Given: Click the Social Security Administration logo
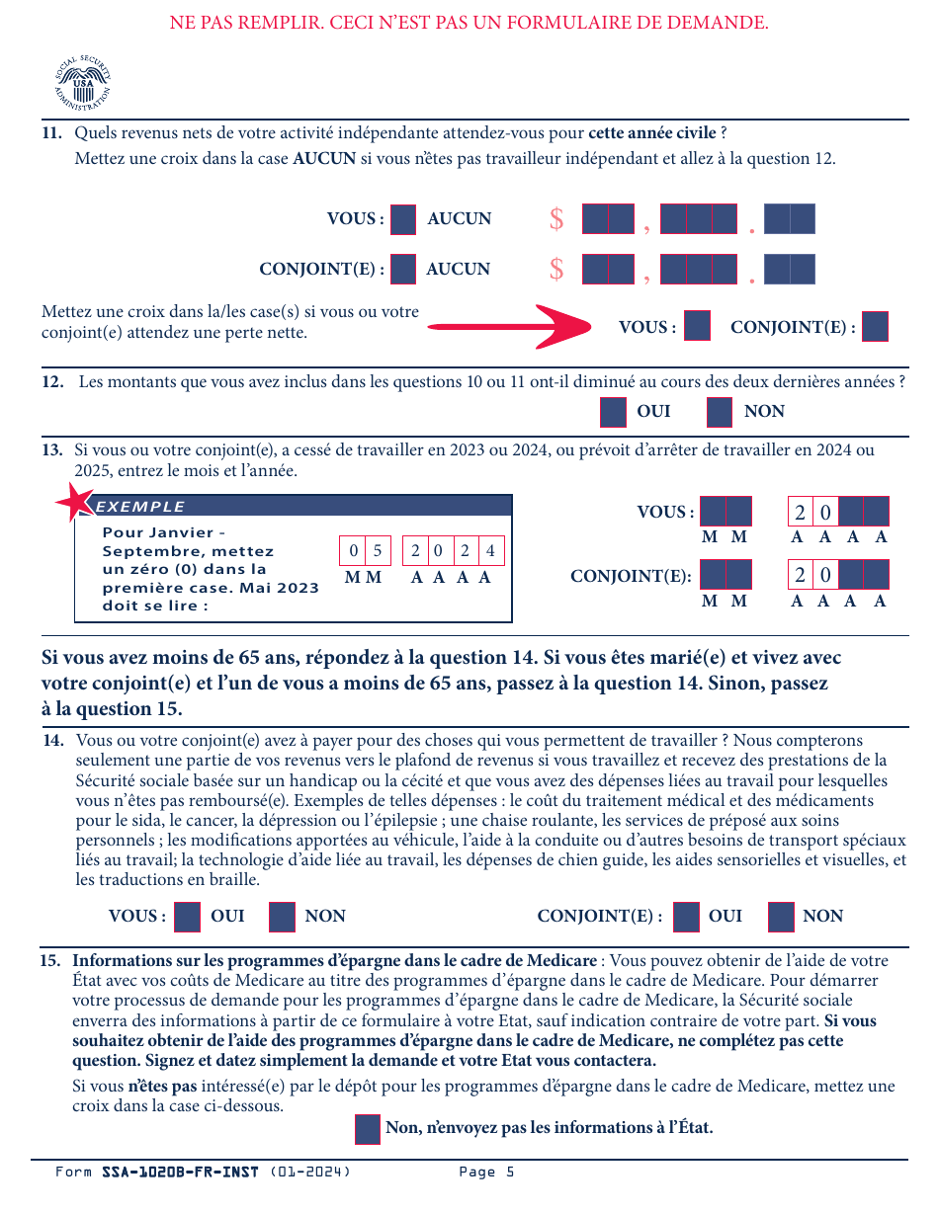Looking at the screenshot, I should click(82, 83).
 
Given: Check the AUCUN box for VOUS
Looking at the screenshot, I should click(403, 219).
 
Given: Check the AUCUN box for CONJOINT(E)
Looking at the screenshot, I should click(403, 269).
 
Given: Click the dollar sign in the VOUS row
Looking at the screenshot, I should click(556, 219).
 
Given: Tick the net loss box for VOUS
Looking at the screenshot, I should click(698, 326).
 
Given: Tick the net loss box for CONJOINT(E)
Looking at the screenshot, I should click(875, 327).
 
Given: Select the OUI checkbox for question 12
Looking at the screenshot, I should click(613, 412).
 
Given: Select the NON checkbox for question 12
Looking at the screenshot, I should click(720, 412).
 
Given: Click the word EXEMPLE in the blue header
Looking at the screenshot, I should click(140, 507).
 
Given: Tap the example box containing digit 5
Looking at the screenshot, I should click(378, 551).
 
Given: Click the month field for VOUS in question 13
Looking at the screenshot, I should click(726, 512).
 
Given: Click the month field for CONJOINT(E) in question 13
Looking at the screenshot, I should click(726, 575).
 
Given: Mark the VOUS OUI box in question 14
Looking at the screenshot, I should click(188, 917).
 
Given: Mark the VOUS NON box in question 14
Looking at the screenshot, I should click(282, 917).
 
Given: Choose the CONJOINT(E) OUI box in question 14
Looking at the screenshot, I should click(686, 917).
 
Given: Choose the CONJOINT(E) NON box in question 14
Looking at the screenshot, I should click(781, 917).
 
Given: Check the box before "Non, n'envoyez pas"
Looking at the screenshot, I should click(367, 1129).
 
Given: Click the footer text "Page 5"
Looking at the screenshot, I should click(486, 1173).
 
